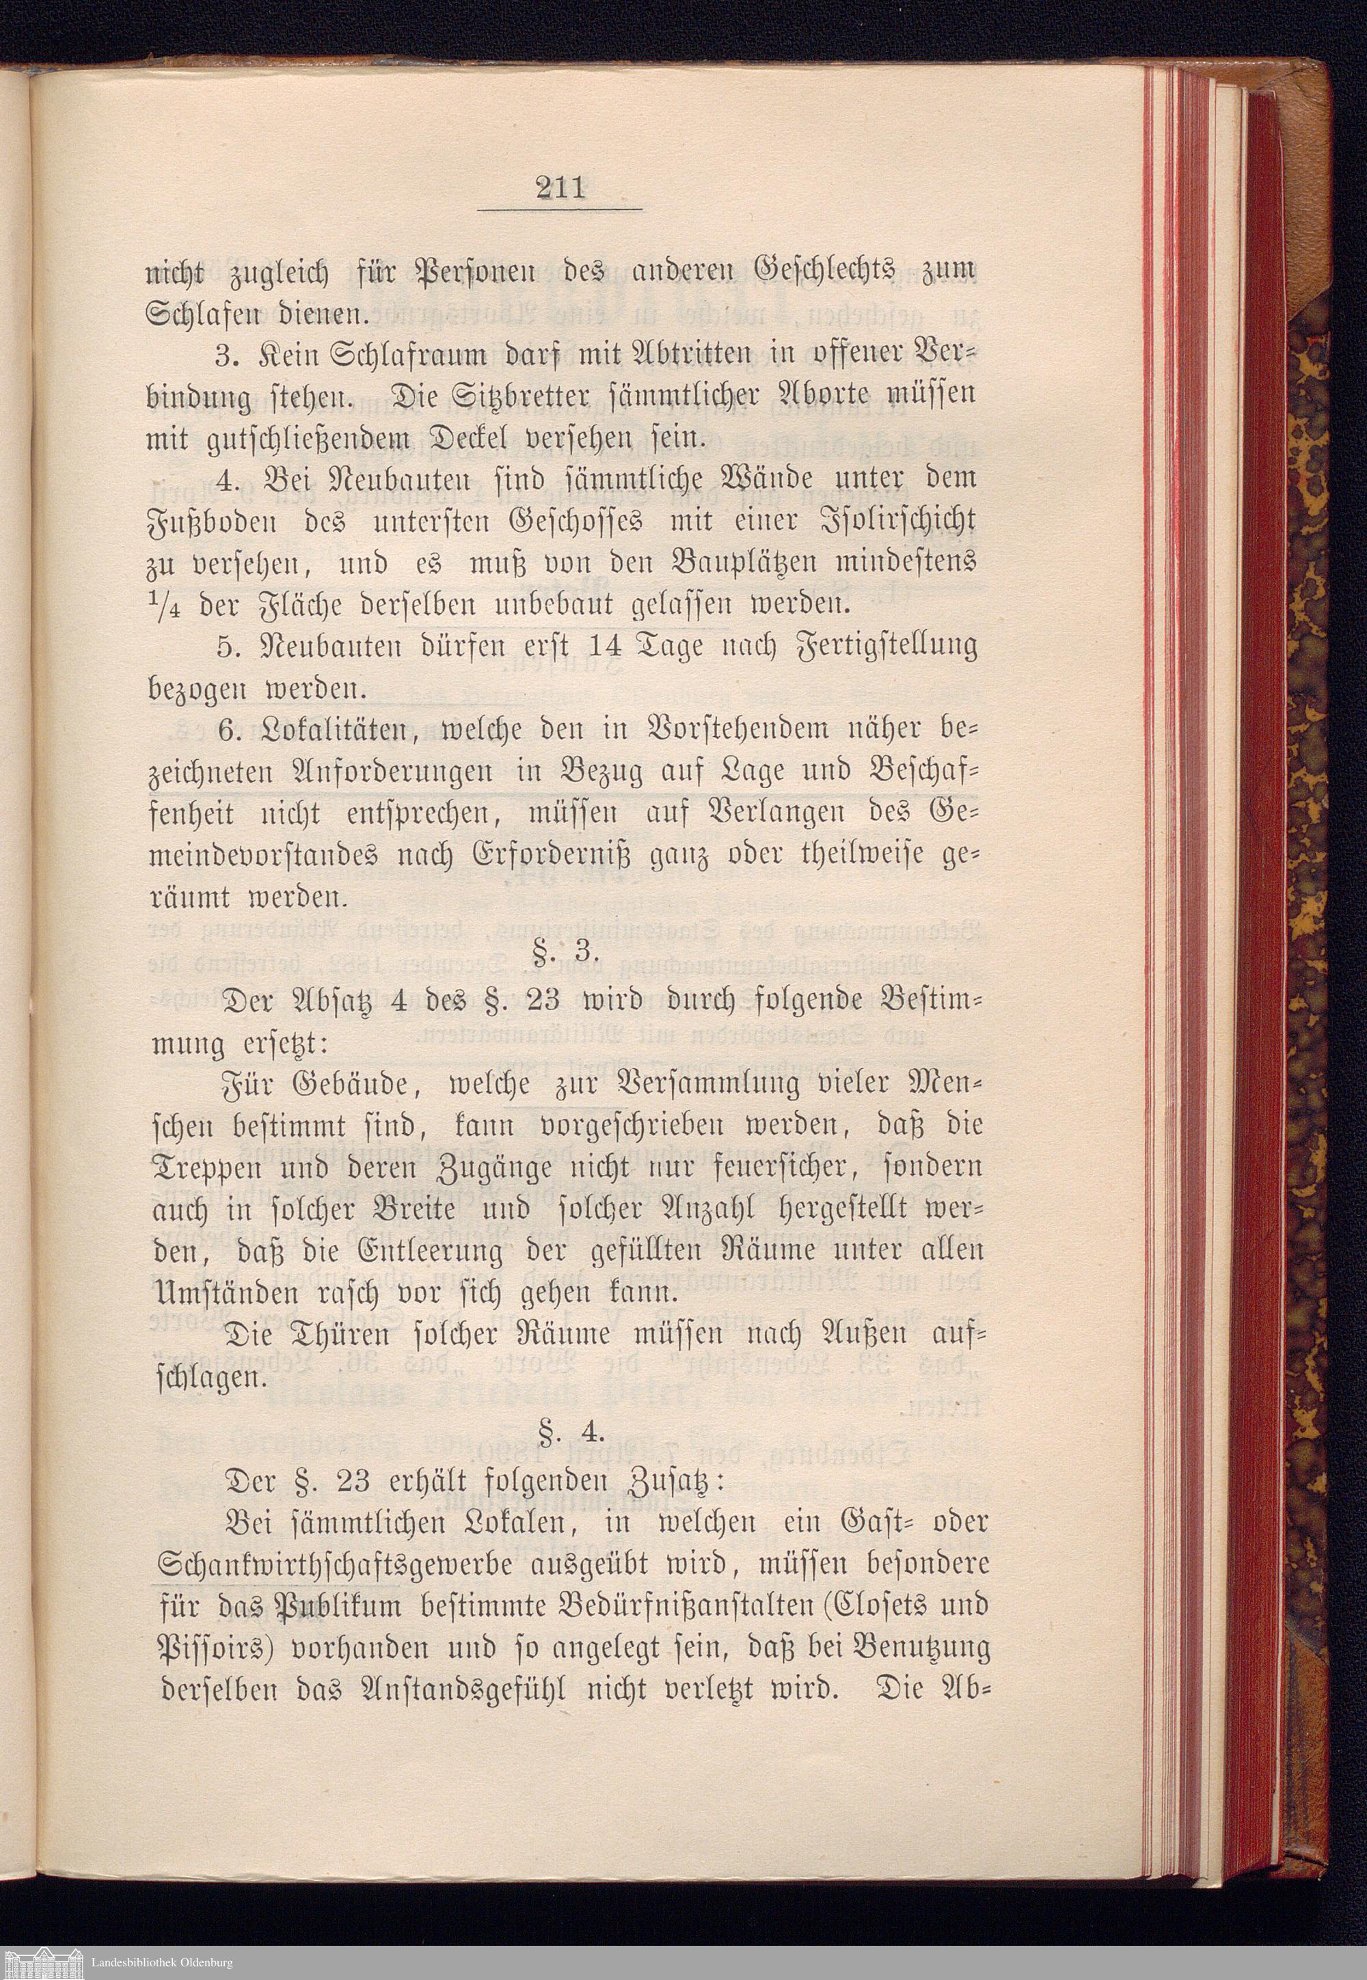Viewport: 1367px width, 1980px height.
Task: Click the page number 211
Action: coord(558,186)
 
